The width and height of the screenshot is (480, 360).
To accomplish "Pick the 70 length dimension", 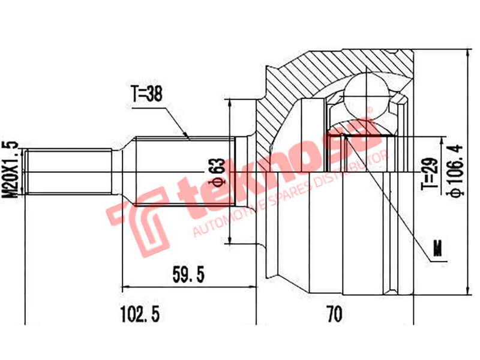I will [x=334, y=313].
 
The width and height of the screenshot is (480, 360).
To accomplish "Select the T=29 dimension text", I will [x=427, y=174].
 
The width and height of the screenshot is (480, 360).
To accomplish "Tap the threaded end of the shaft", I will [x=69, y=172].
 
